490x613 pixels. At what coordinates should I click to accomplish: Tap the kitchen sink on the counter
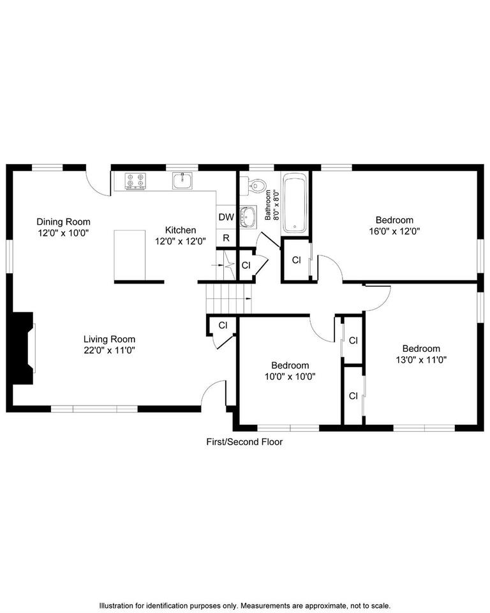point(182,181)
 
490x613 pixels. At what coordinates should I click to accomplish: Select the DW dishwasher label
point(226,217)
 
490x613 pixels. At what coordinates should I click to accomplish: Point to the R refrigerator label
point(226,238)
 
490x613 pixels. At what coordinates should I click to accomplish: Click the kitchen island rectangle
point(130,255)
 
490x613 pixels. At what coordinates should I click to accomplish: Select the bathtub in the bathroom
point(295,203)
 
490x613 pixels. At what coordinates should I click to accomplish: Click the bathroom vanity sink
point(248,216)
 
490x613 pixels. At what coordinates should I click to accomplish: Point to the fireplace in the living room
point(24,347)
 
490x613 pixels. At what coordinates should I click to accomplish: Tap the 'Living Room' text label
point(109,339)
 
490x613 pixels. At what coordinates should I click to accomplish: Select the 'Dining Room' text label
point(63,222)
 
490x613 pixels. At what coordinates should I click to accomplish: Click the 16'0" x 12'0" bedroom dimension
point(394,231)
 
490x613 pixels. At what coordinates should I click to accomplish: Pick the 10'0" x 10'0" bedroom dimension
point(290,376)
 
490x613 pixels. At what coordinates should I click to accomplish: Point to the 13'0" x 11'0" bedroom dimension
point(420,359)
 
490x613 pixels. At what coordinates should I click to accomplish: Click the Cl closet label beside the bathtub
point(296,260)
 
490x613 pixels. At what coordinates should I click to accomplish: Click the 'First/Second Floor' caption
point(244,441)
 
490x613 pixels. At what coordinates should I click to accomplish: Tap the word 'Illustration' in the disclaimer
point(117,605)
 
